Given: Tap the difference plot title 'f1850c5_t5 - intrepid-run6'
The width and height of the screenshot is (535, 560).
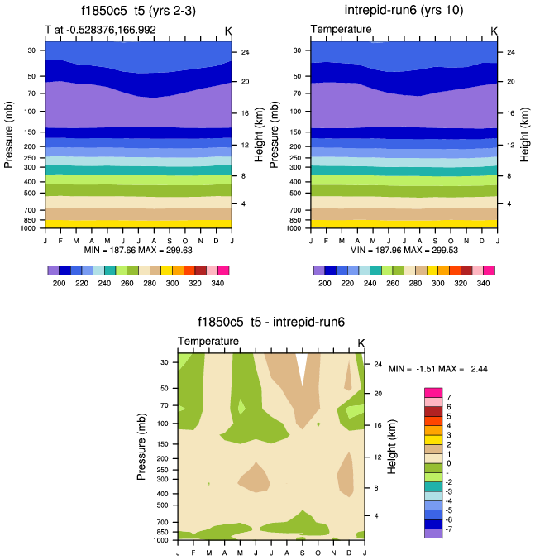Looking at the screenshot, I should pyautogui.click(x=271, y=323).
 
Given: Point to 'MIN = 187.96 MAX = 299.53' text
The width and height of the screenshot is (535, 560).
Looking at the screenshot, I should pyautogui.click(x=404, y=250).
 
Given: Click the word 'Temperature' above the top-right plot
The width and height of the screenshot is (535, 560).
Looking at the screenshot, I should pyautogui.click(x=342, y=31).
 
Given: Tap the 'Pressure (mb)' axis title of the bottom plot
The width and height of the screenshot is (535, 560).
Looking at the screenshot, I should pyautogui.click(x=142, y=447).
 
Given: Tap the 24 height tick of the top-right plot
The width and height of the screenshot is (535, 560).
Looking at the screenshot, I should pyautogui.click(x=510, y=52).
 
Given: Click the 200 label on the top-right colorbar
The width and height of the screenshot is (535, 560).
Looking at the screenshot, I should pyautogui.click(x=325, y=283).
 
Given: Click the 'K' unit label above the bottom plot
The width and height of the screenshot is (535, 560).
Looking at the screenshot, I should pyautogui.click(x=361, y=342).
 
